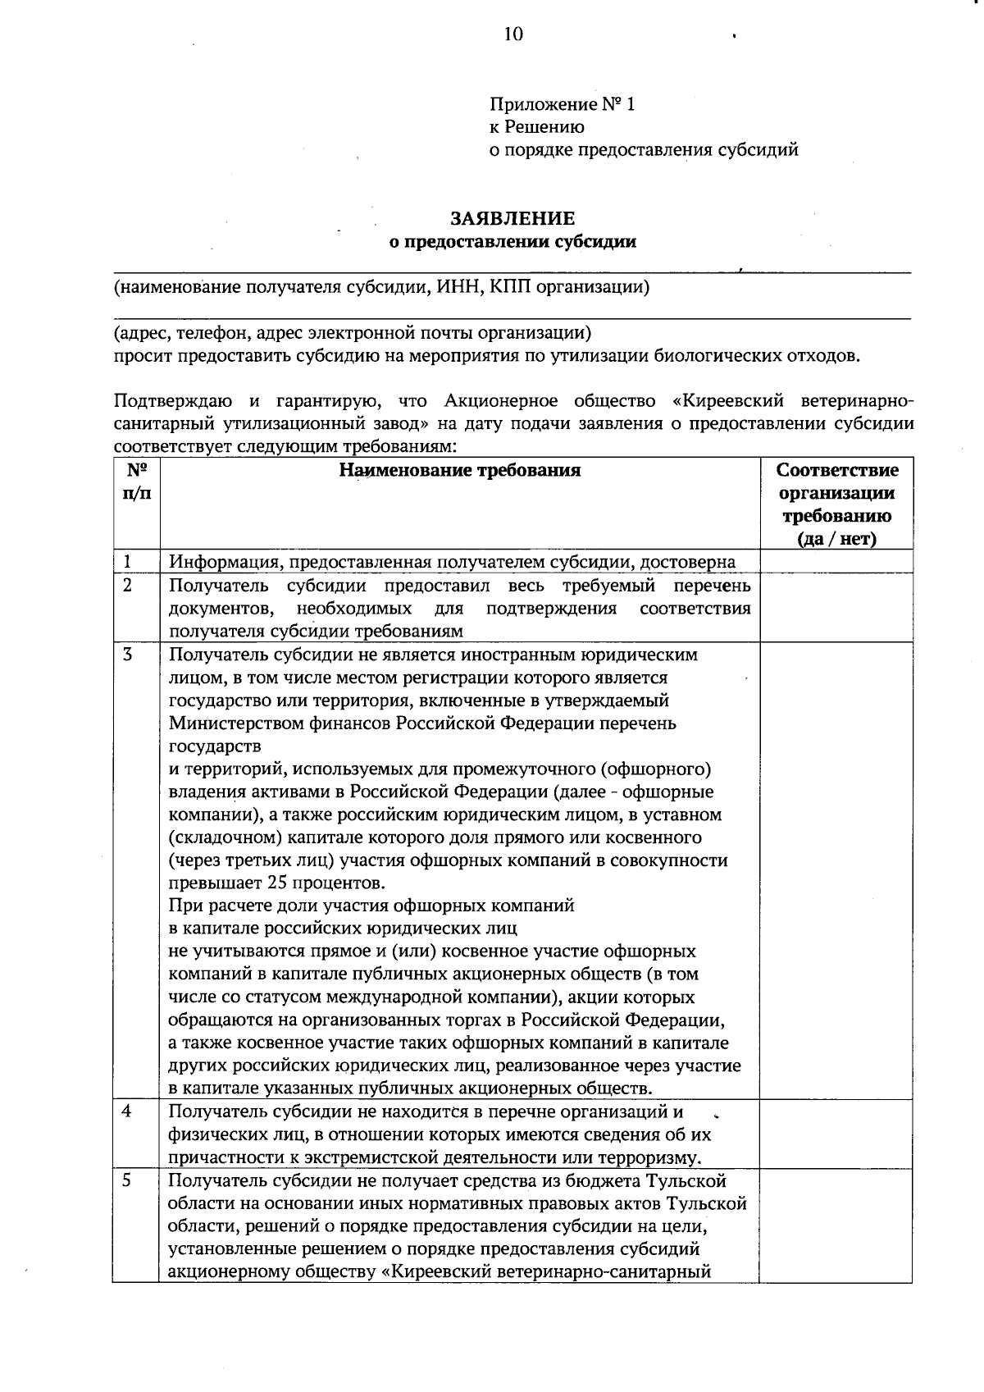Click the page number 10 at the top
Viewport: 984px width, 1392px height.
coord(513,34)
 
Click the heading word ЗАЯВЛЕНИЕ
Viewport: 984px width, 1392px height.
coord(512,219)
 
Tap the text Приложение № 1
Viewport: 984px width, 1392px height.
coord(562,104)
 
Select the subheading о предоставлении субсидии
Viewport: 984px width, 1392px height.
coord(512,242)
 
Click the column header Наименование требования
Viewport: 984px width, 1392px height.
coord(460,470)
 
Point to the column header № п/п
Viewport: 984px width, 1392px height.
coord(136,482)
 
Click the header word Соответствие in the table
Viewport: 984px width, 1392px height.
coord(837,471)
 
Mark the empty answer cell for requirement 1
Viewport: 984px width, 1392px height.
coord(836,562)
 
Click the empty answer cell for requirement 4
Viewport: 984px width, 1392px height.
coord(836,1134)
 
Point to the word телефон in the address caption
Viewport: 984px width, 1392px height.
coord(212,334)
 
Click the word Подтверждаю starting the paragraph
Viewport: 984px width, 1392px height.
coord(173,401)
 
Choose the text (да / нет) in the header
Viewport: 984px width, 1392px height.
coord(836,539)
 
